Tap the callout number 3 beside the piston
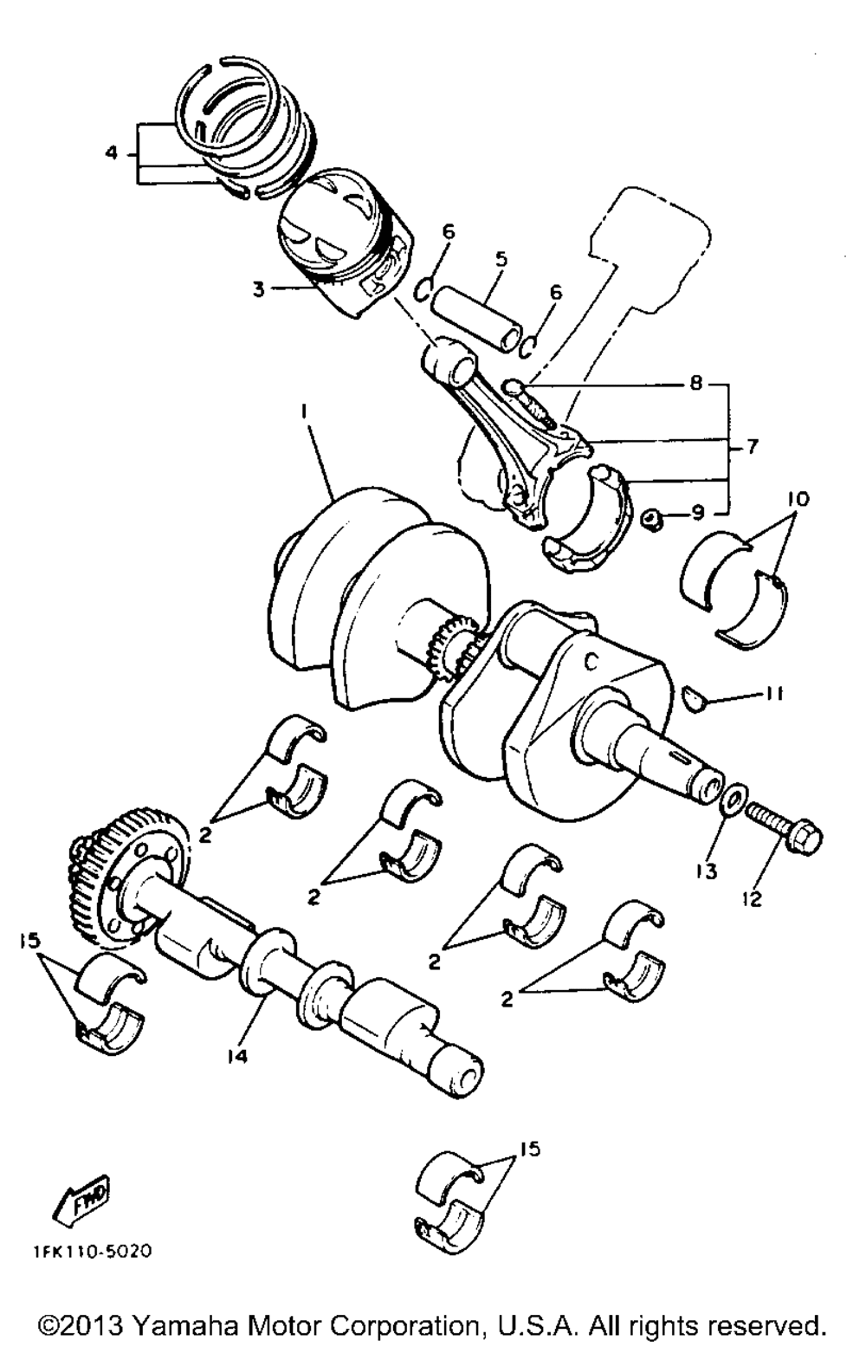(258, 289)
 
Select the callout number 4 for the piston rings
(111, 153)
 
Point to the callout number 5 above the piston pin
(501, 258)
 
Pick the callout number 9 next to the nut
(699, 514)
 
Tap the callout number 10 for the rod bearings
(798, 499)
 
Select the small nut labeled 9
(653, 520)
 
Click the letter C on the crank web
(591, 662)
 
